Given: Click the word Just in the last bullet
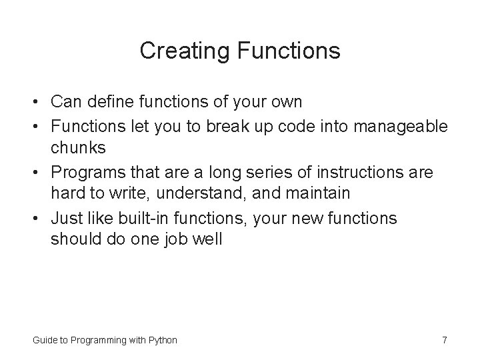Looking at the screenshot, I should (x=67, y=219).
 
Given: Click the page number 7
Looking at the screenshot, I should (x=444, y=340).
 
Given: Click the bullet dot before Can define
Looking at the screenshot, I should (x=37, y=103).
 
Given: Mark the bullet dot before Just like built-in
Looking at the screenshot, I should (x=37, y=219).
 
